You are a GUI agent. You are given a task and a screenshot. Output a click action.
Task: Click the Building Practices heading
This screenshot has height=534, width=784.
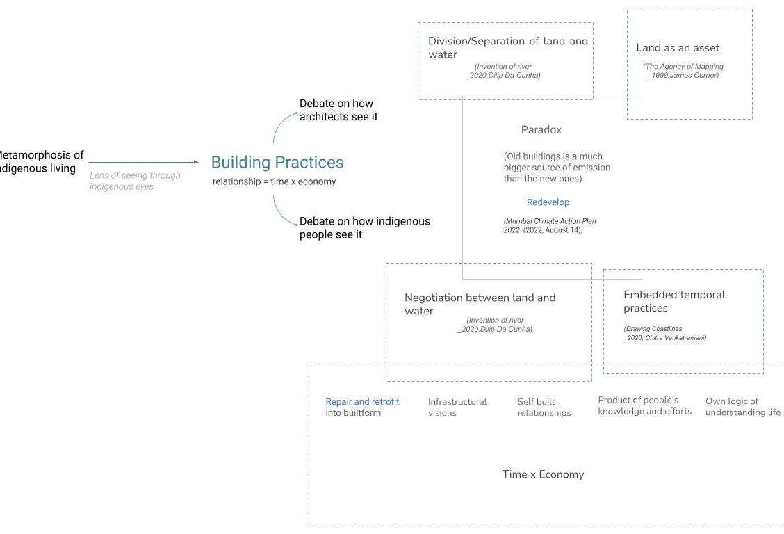click(x=277, y=162)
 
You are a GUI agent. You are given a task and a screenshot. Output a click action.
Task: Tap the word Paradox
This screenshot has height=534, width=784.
click(x=541, y=130)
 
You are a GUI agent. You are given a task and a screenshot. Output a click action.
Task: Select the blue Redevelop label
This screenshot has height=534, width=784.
click(x=548, y=202)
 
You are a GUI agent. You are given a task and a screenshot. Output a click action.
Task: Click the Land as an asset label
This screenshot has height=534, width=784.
click(x=678, y=48)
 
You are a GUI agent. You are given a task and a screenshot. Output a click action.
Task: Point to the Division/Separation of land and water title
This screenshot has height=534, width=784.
click(x=507, y=47)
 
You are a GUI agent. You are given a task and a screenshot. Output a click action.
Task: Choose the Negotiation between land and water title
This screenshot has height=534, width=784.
click(x=480, y=304)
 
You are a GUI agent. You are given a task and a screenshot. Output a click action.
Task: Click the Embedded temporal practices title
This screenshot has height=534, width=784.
click(x=673, y=301)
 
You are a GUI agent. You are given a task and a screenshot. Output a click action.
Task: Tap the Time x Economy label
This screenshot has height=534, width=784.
click(x=543, y=474)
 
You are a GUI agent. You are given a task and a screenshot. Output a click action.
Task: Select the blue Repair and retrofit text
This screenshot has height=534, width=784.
click(x=362, y=401)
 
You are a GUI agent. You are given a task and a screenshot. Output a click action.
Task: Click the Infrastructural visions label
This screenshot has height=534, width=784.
click(x=457, y=407)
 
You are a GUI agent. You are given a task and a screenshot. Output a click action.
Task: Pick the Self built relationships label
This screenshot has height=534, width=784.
click(x=544, y=407)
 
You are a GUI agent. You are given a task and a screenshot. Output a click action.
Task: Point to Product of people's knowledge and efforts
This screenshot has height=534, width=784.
click(x=644, y=405)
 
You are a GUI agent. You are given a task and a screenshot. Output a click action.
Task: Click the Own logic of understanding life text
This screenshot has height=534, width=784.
click(x=742, y=406)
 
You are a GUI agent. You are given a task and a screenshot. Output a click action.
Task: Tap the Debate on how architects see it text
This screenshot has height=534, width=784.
click(x=338, y=110)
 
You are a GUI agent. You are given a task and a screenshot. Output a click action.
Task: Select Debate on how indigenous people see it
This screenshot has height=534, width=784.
click(x=364, y=227)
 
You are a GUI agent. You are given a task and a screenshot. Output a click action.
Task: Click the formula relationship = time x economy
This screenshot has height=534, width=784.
click(x=274, y=181)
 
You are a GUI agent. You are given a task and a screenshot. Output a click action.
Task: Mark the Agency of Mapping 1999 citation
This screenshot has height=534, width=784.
click(x=683, y=71)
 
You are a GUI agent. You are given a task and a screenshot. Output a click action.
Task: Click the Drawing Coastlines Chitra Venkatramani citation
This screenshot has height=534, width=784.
click(x=664, y=333)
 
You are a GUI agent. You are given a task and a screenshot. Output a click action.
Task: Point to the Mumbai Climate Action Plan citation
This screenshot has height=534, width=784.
click(x=549, y=225)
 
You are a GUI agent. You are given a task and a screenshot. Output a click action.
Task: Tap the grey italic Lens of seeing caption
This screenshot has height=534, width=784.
click(x=135, y=181)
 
